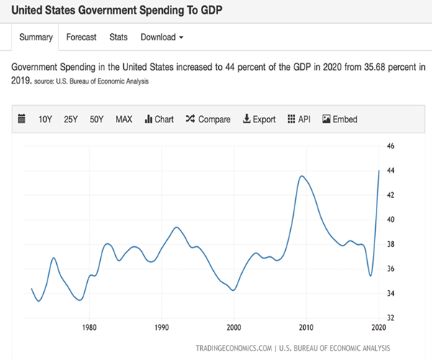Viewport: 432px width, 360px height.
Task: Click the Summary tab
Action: tap(35, 37)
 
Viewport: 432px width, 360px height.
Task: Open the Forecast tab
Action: tap(81, 37)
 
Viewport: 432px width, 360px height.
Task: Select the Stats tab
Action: tap(118, 37)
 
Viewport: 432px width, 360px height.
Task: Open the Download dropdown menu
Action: tap(161, 37)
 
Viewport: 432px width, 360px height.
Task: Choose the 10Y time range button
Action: tap(45, 120)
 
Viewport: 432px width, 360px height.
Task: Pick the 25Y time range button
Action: tap(71, 120)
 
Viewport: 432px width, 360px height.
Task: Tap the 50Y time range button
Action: tap(97, 120)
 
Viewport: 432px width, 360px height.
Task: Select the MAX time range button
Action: tap(124, 120)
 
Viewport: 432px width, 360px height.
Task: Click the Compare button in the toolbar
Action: tap(208, 120)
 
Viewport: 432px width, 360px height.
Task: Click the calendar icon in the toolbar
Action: tap(21, 119)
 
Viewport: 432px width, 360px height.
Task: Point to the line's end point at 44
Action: tap(379, 171)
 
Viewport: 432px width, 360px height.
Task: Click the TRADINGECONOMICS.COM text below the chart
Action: tap(234, 348)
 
